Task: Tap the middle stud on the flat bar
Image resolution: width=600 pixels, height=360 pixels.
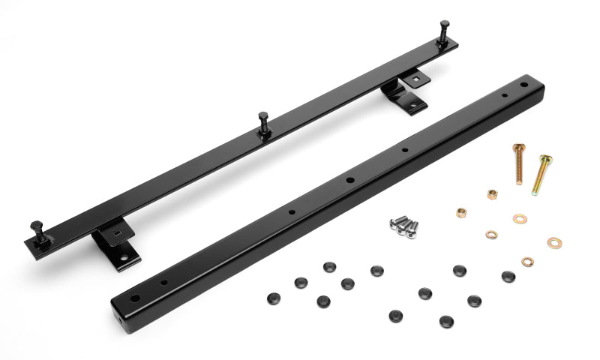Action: point(264,122)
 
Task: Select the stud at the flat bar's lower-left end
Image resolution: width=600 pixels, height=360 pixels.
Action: point(37,230)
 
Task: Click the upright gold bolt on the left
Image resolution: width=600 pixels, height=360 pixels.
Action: point(518,163)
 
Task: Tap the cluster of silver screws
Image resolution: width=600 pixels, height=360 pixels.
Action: point(403,225)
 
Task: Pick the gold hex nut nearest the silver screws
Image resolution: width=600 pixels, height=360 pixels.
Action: point(461,212)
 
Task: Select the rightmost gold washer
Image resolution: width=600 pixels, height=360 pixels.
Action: point(553,242)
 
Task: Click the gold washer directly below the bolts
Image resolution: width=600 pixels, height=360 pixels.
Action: point(520,218)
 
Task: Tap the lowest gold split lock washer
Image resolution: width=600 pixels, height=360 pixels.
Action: point(527,262)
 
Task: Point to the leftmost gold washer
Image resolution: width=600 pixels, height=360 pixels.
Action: point(491,235)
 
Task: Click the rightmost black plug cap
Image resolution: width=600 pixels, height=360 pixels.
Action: point(508,276)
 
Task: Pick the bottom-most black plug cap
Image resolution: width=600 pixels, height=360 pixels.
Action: point(446,321)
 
